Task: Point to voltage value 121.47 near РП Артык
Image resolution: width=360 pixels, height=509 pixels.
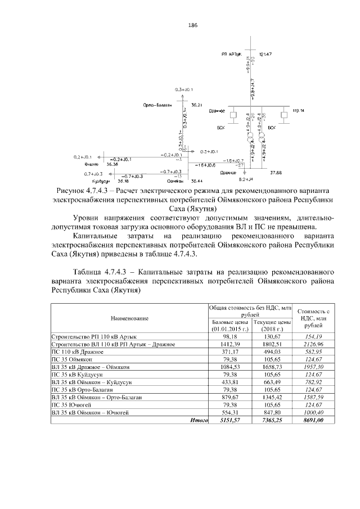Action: tap(266, 54)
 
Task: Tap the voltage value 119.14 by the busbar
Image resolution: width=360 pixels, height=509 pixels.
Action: tap(298, 111)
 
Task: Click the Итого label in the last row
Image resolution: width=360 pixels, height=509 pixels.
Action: tap(198, 420)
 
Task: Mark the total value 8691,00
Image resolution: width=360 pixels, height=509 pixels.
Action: tap(313, 420)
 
